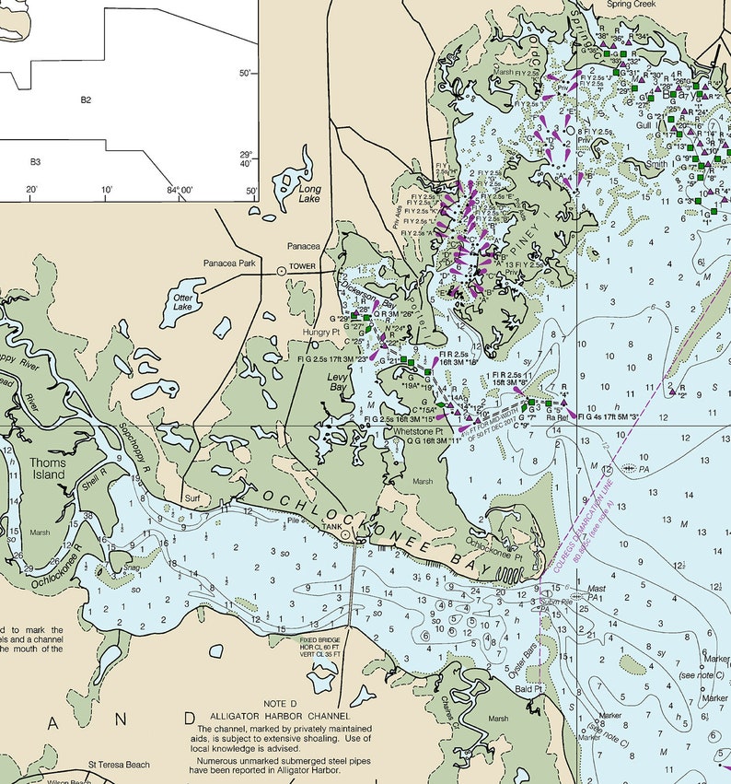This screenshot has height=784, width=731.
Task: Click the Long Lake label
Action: pos(310,193)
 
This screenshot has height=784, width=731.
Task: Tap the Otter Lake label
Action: pos(183,301)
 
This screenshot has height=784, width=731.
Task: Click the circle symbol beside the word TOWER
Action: pos(282,271)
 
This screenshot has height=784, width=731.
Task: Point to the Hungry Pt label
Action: pos(322,332)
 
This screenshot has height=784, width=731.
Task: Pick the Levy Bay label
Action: pos(338,381)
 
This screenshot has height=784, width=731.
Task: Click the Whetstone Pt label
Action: pos(419,431)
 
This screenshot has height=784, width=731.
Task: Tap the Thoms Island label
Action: pos(47,469)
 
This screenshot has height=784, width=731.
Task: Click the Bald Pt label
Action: pos(529,688)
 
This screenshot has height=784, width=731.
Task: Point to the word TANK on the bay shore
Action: pos(331,527)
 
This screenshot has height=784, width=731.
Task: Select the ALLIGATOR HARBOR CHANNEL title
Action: pos(280,716)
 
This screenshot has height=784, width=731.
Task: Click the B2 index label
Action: pos(86,99)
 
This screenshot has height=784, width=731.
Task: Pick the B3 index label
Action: pos(35,162)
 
